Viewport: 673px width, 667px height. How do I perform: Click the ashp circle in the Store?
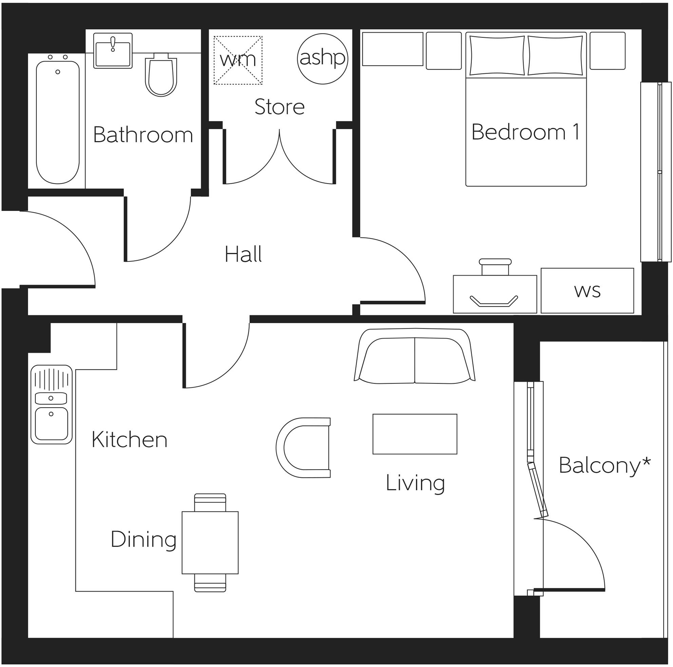click(x=322, y=59)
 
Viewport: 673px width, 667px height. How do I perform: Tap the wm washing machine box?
click(x=238, y=60)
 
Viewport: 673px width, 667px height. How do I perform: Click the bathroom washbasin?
click(x=113, y=51)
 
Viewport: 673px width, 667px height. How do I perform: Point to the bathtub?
click(x=57, y=122)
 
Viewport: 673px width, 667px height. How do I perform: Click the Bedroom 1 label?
click(x=525, y=132)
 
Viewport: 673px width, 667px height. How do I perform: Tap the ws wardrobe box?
click(x=587, y=291)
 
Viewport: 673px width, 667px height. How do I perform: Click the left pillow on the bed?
click(x=497, y=55)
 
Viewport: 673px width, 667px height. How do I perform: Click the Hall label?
click(x=243, y=255)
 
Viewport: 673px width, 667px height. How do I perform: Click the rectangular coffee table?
click(x=415, y=434)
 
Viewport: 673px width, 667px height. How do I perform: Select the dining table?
click(x=210, y=543)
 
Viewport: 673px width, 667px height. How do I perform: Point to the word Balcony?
click(x=599, y=466)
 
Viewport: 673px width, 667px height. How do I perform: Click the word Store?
click(x=280, y=107)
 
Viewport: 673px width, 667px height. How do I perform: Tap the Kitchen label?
click(x=130, y=440)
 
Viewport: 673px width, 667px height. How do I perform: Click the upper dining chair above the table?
click(x=210, y=503)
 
